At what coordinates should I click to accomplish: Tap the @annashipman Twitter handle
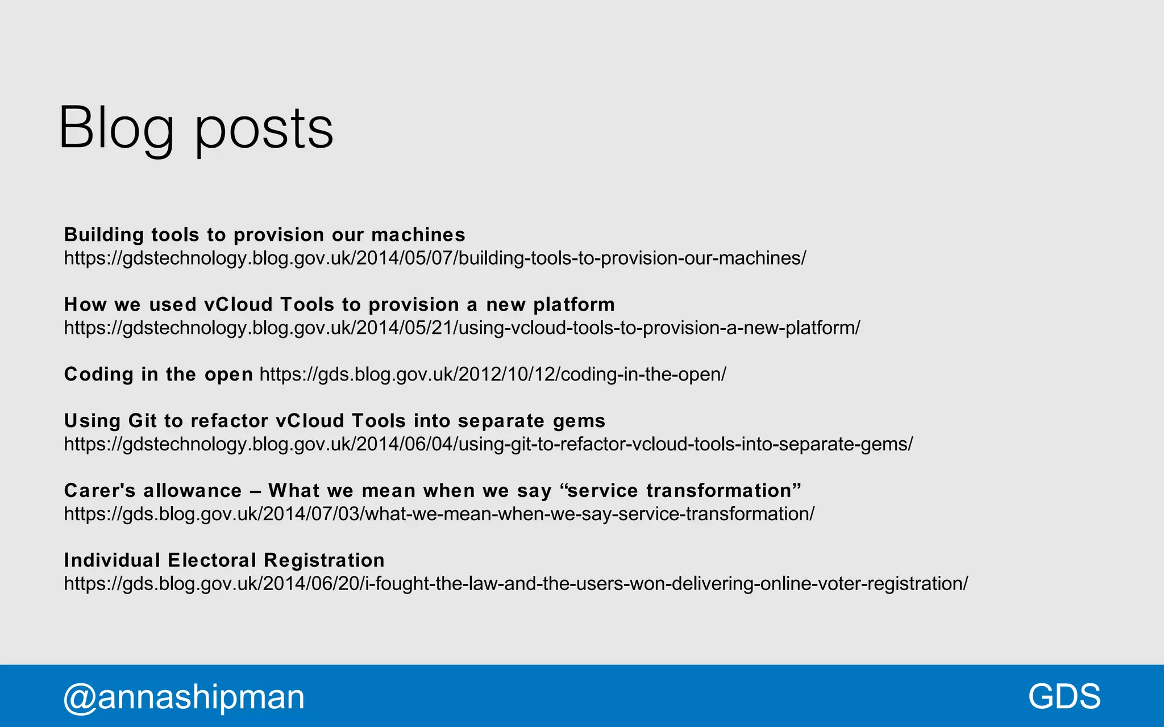point(184,696)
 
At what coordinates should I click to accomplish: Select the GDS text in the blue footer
point(1064,696)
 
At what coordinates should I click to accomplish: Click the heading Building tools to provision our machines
point(264,235)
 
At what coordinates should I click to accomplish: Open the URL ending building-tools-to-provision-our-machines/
point(435,258)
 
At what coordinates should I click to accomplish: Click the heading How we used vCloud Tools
point(339,304)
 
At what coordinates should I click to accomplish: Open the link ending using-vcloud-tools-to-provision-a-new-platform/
point(462,328)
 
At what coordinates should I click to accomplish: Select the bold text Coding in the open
point(158,374)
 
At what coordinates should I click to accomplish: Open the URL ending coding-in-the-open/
point(493,374)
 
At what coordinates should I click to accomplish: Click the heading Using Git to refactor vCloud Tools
point(334,421)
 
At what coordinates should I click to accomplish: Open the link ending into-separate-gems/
point(488,444)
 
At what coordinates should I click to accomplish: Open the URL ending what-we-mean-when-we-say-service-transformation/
point(439,514)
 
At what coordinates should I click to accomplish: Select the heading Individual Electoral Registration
point(224,560)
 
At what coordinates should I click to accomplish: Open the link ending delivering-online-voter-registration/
point(516,584)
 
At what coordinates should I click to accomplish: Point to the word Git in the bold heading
point(142,421)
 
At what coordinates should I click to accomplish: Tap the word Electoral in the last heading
point(212,560)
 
